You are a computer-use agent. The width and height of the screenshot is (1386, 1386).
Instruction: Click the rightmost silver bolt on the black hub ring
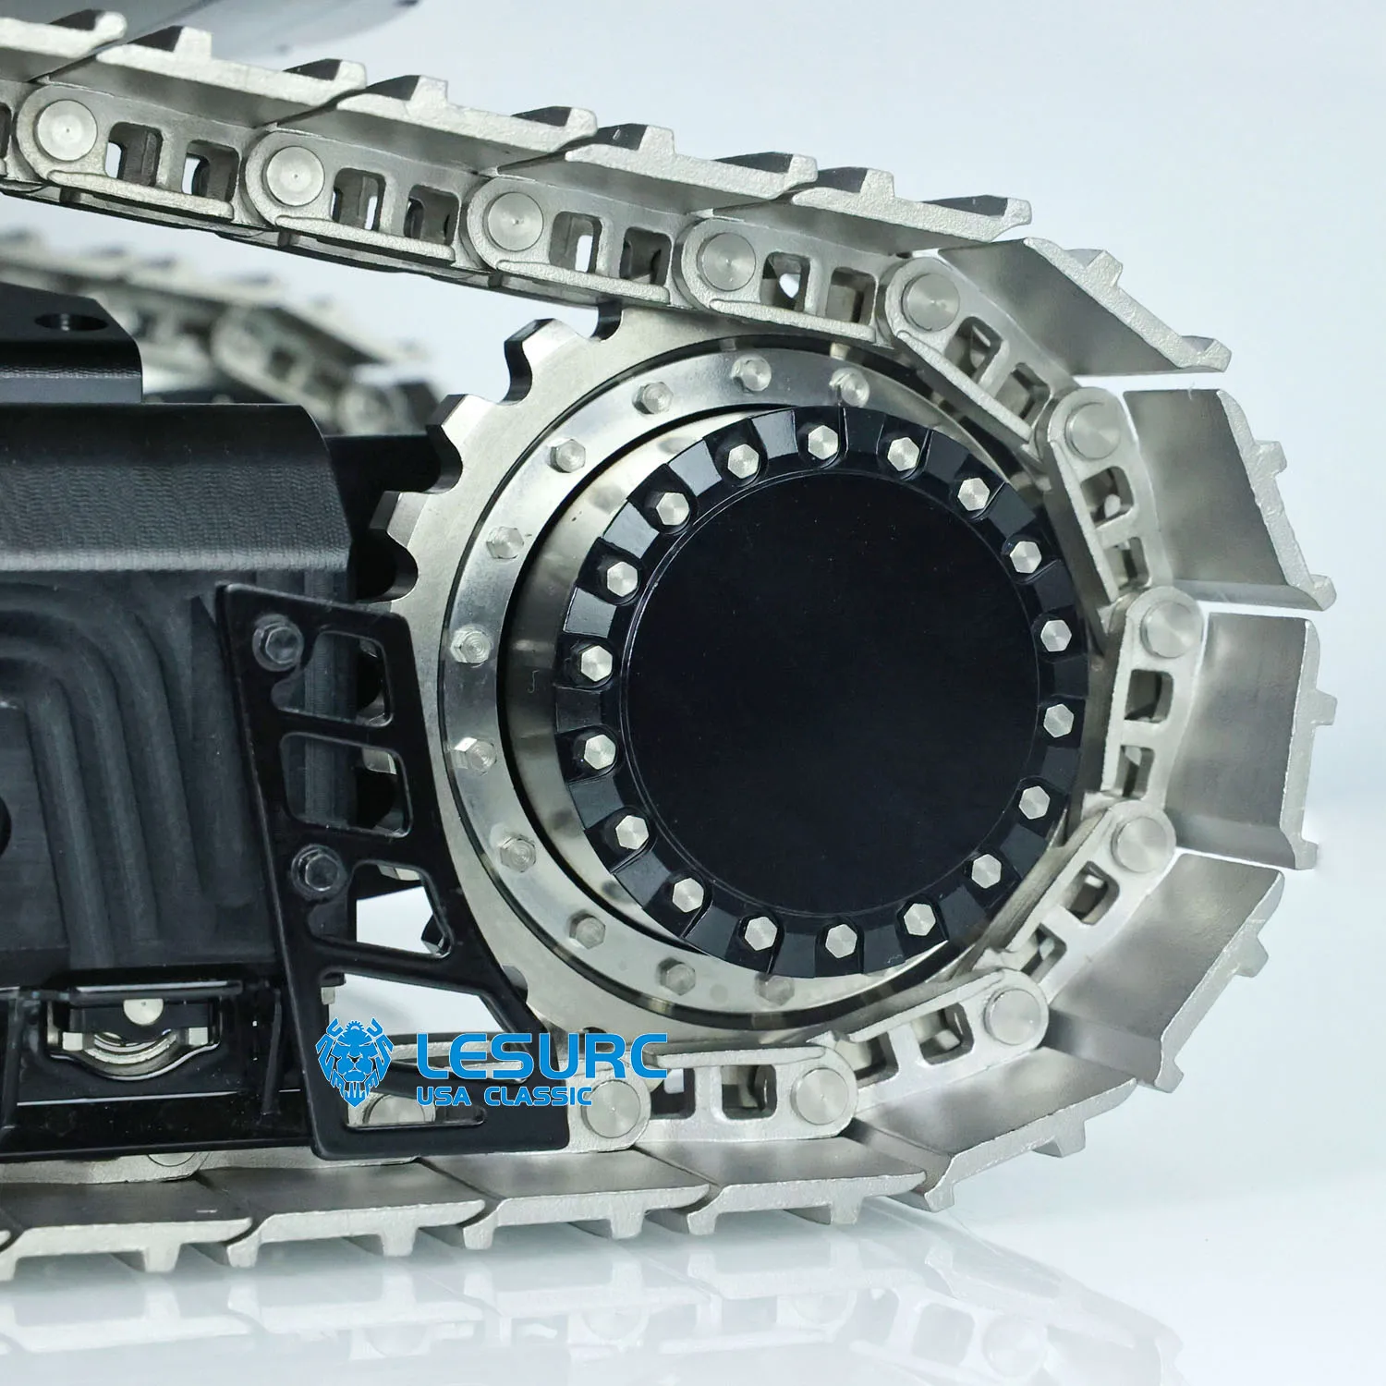tap(1055, 634)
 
